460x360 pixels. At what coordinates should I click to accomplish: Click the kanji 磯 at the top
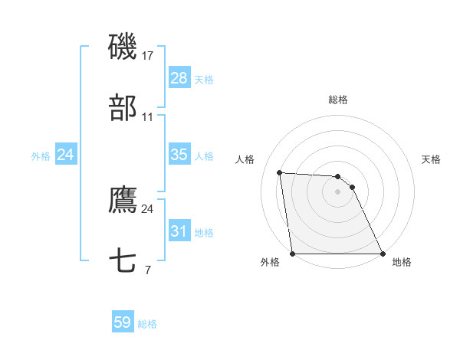point(123,47)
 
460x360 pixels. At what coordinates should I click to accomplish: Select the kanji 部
point(123,109)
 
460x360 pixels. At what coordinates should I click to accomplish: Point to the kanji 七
point(123,261)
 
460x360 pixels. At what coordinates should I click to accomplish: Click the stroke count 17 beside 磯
point(149,55)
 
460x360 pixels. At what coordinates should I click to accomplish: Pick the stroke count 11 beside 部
point(148,117)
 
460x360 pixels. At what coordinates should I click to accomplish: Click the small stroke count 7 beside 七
point(147,270)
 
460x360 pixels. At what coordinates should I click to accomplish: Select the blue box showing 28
point(179,78)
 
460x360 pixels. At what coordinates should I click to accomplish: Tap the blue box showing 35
point(179,155)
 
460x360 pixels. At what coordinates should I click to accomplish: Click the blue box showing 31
point(179,231)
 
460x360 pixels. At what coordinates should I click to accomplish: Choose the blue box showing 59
point(123,322)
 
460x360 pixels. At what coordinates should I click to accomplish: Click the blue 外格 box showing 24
point(66,155)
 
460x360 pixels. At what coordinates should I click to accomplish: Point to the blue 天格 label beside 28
point(204,79)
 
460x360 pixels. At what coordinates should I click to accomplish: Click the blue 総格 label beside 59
point(147,323)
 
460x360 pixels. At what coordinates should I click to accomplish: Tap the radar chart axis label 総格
point(338,100)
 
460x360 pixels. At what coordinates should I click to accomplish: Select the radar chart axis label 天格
point(432,159)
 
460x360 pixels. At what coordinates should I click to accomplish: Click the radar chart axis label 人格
point(245,159)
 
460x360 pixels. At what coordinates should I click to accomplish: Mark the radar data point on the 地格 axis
point(382,254)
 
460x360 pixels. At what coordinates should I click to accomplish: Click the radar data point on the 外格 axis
point(293,254)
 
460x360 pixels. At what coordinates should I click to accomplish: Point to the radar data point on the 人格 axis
point(280,172)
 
